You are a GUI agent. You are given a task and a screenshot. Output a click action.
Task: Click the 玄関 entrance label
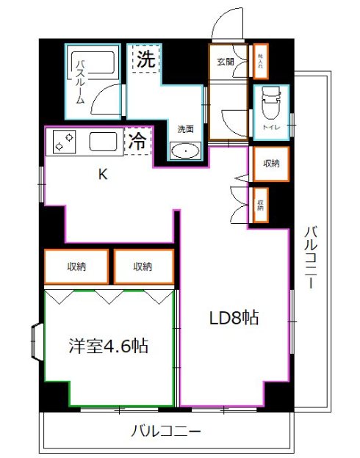click(226, 62)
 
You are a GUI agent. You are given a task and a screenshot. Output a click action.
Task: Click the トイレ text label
click(270, 128)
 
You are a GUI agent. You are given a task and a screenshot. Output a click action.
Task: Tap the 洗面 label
click(184, 129)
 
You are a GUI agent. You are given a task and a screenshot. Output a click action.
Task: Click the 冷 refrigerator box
click(137, 142)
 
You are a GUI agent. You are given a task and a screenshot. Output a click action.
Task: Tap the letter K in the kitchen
click(104, 175)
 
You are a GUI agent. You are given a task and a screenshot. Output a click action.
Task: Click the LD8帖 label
click(233, 319)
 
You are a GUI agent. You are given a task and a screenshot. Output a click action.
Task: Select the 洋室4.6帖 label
click(109, 345)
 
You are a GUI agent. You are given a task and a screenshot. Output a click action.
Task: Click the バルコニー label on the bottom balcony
click(167, 431)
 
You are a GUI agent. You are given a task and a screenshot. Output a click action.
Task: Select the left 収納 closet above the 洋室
click(76, 267)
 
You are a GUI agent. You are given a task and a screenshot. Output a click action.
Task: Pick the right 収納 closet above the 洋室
click(143, 267)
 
